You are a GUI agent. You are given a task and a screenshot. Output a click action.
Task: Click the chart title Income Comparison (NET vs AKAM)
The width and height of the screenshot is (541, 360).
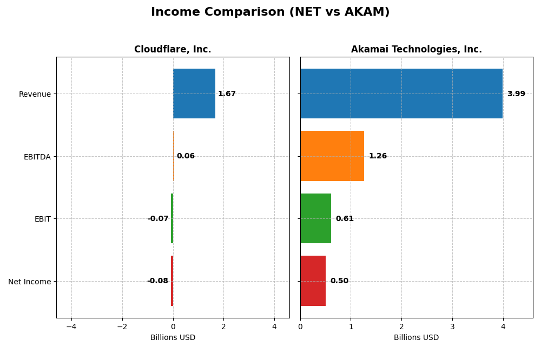(270, 12)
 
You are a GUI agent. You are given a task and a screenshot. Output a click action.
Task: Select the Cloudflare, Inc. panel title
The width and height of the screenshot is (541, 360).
(173, 49)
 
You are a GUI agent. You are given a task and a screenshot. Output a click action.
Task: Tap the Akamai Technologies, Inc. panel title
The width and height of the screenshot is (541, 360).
(416, 49)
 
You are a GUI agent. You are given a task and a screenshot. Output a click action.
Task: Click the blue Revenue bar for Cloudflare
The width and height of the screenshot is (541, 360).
(194, 94)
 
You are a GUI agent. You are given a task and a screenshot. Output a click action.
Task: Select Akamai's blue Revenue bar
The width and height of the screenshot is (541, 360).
(401, 94)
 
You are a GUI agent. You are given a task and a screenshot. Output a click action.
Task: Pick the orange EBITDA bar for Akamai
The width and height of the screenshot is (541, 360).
(332, 156)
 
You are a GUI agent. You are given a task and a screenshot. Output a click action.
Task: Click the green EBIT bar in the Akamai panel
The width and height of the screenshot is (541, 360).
(315, 218)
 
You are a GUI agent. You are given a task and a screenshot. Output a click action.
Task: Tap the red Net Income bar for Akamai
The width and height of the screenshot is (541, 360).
(313, 281)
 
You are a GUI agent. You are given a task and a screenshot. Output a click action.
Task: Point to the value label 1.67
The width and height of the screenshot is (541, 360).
(227, 94)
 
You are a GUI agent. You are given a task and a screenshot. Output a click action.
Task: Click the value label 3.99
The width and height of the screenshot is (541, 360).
(516, 94)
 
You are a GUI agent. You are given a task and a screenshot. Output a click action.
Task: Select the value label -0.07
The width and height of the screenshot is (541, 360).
(158, 219)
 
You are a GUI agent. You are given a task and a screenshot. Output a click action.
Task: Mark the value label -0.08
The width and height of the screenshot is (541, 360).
(157, 281)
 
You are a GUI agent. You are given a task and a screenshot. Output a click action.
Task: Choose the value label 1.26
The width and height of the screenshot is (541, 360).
(378, 156)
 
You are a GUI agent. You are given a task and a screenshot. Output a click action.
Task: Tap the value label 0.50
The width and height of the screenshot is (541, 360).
(339, 281)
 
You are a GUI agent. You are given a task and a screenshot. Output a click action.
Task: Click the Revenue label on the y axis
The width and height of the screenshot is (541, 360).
(35, 94)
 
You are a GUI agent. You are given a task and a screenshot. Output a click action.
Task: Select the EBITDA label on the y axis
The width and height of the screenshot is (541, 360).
(37, 157)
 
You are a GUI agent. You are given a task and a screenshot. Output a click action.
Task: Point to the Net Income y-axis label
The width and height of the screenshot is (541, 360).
(29, 282)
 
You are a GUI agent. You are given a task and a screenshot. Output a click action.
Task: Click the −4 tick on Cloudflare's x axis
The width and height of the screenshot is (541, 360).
(71, 326)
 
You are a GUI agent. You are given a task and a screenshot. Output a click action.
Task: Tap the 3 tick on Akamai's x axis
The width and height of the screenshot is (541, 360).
(452, 326)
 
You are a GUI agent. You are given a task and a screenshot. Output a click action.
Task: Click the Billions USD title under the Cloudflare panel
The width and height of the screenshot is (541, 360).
(173, 337)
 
